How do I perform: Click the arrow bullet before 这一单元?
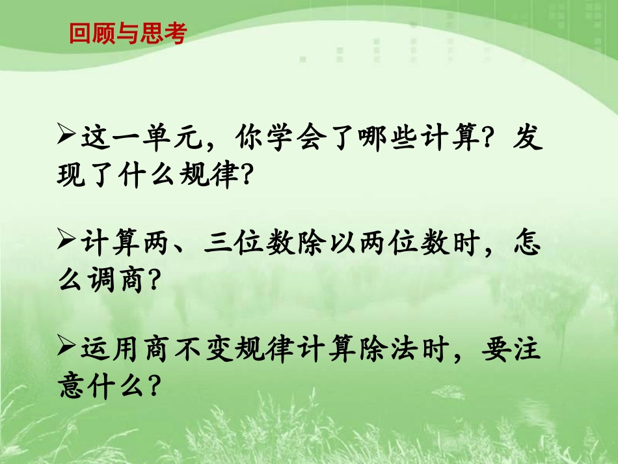[68, 137]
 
